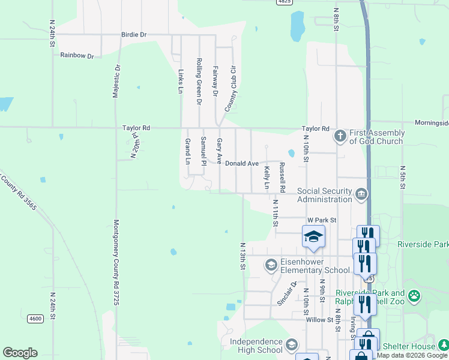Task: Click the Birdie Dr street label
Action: (x=134, y=35)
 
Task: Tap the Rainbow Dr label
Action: (x=77, y=56)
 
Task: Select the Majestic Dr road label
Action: (x=116, y=82)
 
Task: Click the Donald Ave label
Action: (x=241, y=163)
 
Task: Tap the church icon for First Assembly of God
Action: (x=340, y=136)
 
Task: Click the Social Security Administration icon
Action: (x=361, y=193)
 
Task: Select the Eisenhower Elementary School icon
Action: (x=271, y=265)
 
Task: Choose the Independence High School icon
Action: (x=292, y=344)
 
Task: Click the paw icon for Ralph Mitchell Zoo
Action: (x=414, y=296)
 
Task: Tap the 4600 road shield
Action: (x=35, y=319)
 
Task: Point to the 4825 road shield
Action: (x=285, y=2)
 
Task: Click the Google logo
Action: (x=20, y=353)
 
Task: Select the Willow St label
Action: (x=319, y=320)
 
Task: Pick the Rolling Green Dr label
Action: (x=199, y=80)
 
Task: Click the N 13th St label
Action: (x=243, y=256)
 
